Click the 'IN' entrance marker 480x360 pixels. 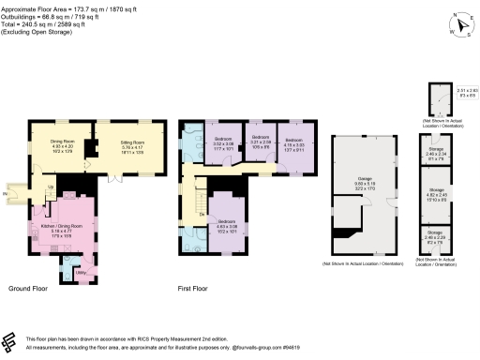coord(5,194)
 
